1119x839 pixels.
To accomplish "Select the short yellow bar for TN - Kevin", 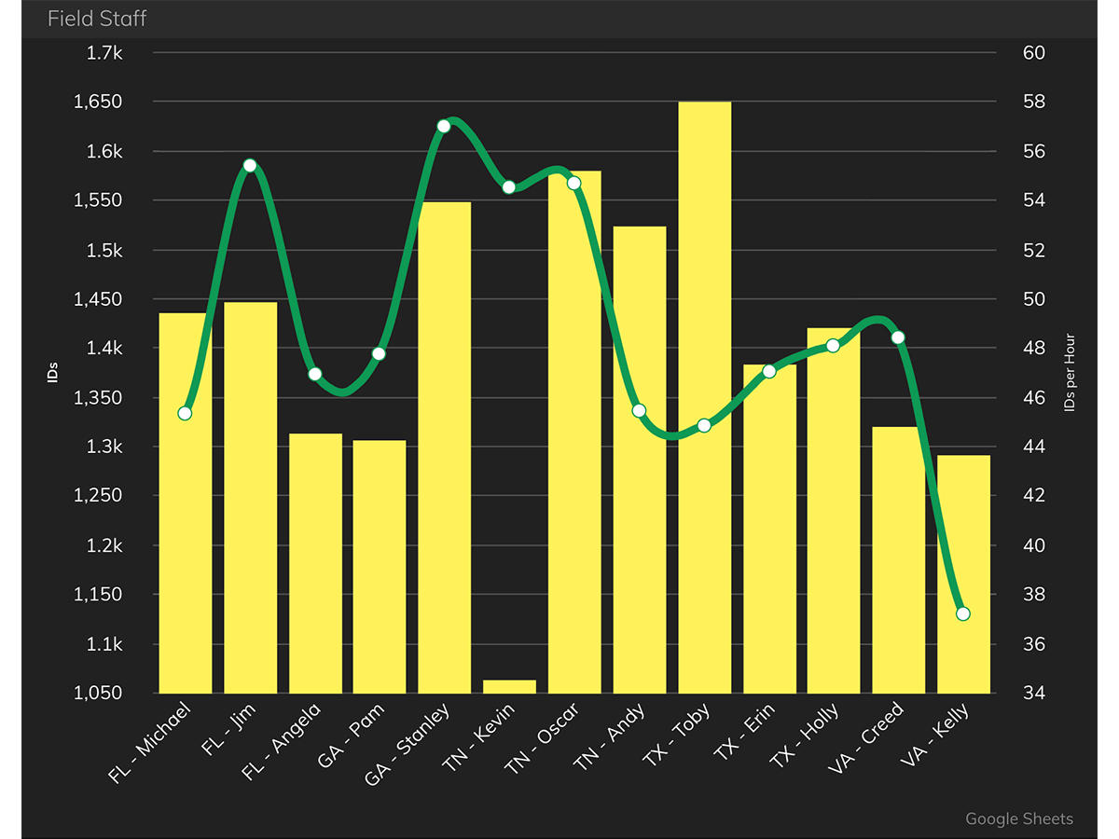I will [509, 686].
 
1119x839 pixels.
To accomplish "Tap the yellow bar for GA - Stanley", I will [444, 447].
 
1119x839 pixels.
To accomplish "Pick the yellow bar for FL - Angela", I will [315, 563].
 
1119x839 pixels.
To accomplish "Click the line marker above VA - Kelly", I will [963, 613].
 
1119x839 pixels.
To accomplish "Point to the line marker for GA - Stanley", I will [444, 126].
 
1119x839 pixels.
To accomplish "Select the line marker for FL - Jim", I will [250, 166].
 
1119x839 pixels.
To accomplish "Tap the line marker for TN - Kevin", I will [509, 187].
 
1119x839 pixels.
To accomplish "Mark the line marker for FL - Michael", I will [185, 413].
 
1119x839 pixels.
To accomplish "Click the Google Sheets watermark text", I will [1018, 818].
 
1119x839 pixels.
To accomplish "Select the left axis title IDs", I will [53, 373].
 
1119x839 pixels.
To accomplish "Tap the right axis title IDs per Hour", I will [1070, 373].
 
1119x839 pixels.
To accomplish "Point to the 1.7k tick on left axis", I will [104, 53].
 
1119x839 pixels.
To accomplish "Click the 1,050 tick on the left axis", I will [98, 694].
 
